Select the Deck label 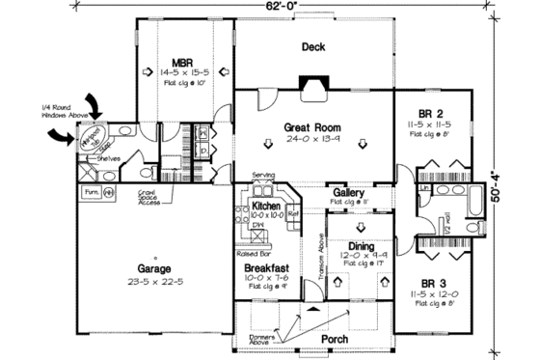312,46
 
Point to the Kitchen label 266,207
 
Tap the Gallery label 348,193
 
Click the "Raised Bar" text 252,253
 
